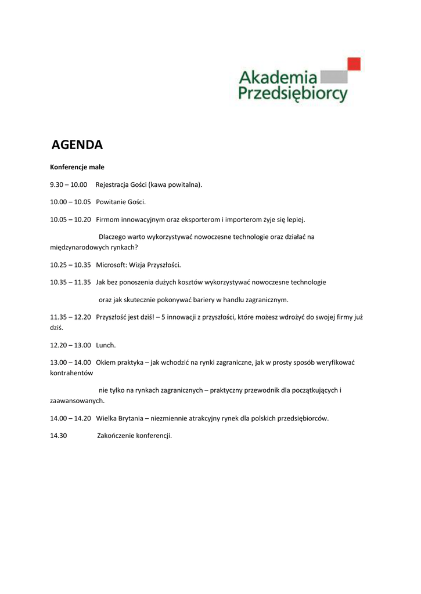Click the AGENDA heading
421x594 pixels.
pyautogui.click(x=77, y=144)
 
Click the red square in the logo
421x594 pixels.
pyautogui.click(x=354, y=63)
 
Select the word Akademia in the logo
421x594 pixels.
pyautogui.click(x=278, y=77)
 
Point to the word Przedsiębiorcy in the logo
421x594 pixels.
pyautogui.click(x=293, y=93)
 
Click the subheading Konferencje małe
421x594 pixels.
pyautogui.click(x=77, y=167)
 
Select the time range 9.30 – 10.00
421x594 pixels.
pyautogui.click(x=69, y=184)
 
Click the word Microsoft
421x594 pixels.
pyautogui.click(x=111, y=265)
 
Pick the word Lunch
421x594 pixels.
pyautogui.click(x=106, y=345)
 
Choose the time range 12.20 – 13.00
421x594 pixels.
pyautogui.click(x=70, y=345)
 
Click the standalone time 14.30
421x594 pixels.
pyautogui.click(x=59, y=435)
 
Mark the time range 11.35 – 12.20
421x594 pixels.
pyautogui.click(x=70, y=317)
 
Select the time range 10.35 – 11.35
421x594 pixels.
pyautogui.click(x=70, y=282)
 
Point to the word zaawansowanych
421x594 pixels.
pyautogui.click(x=77, y=400)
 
